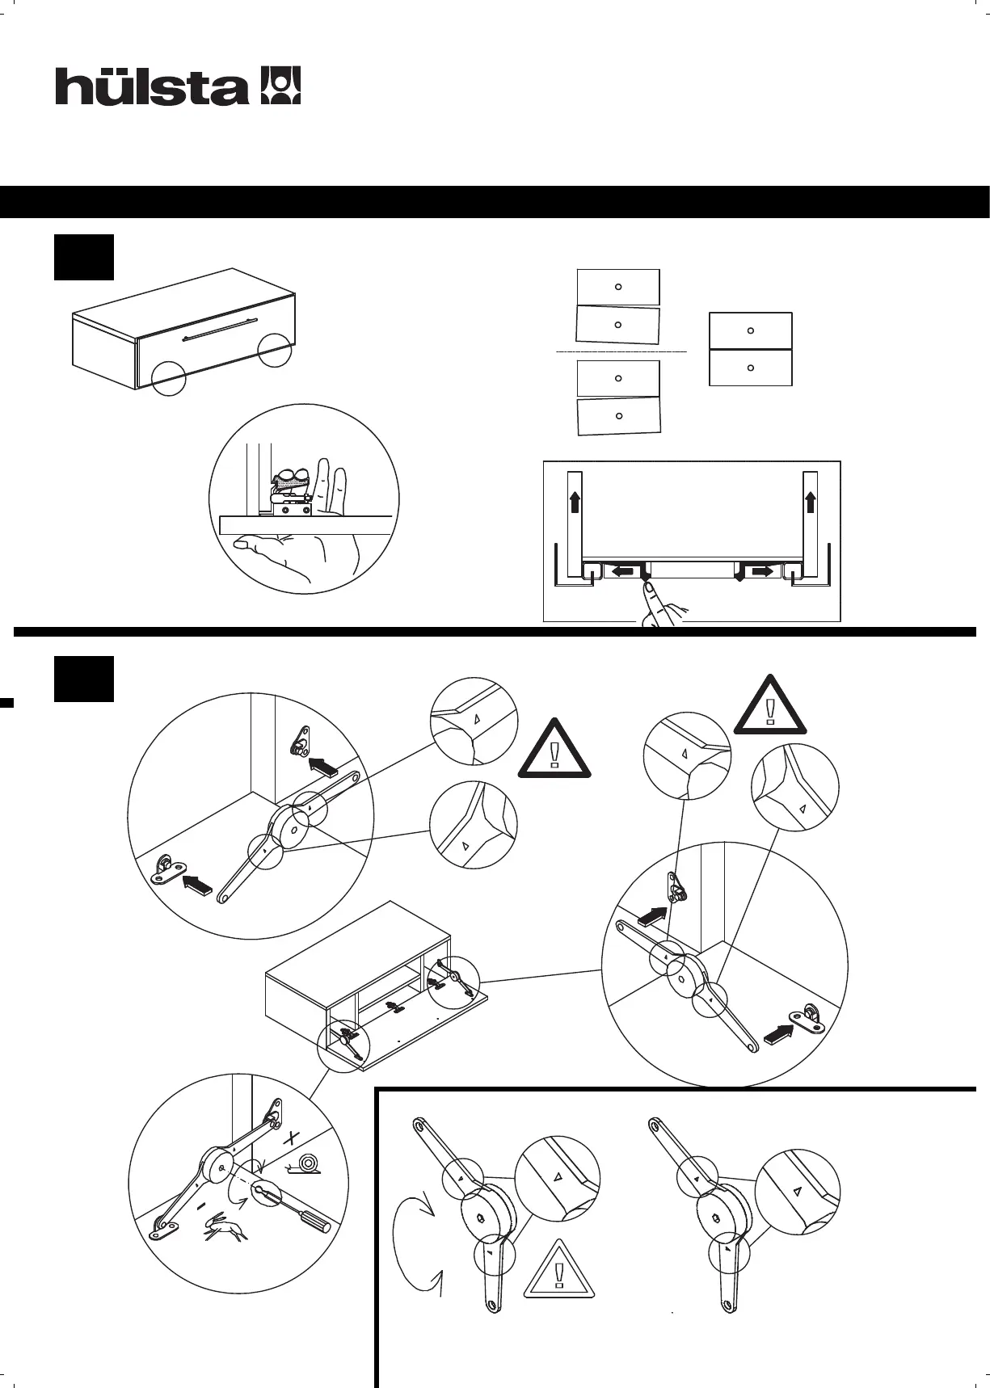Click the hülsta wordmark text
coord(151,87)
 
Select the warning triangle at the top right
coord(770,705)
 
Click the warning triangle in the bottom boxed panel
coord(559,1270)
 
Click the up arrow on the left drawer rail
coord(575,503)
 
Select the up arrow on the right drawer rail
coord(811,503)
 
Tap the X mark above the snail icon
coord(291,1139)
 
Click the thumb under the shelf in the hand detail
coord(242,547)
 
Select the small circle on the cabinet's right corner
coord(275,349)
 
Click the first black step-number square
coord(84,258)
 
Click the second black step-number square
coord(84,679)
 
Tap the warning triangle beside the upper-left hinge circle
coord(554,750)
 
